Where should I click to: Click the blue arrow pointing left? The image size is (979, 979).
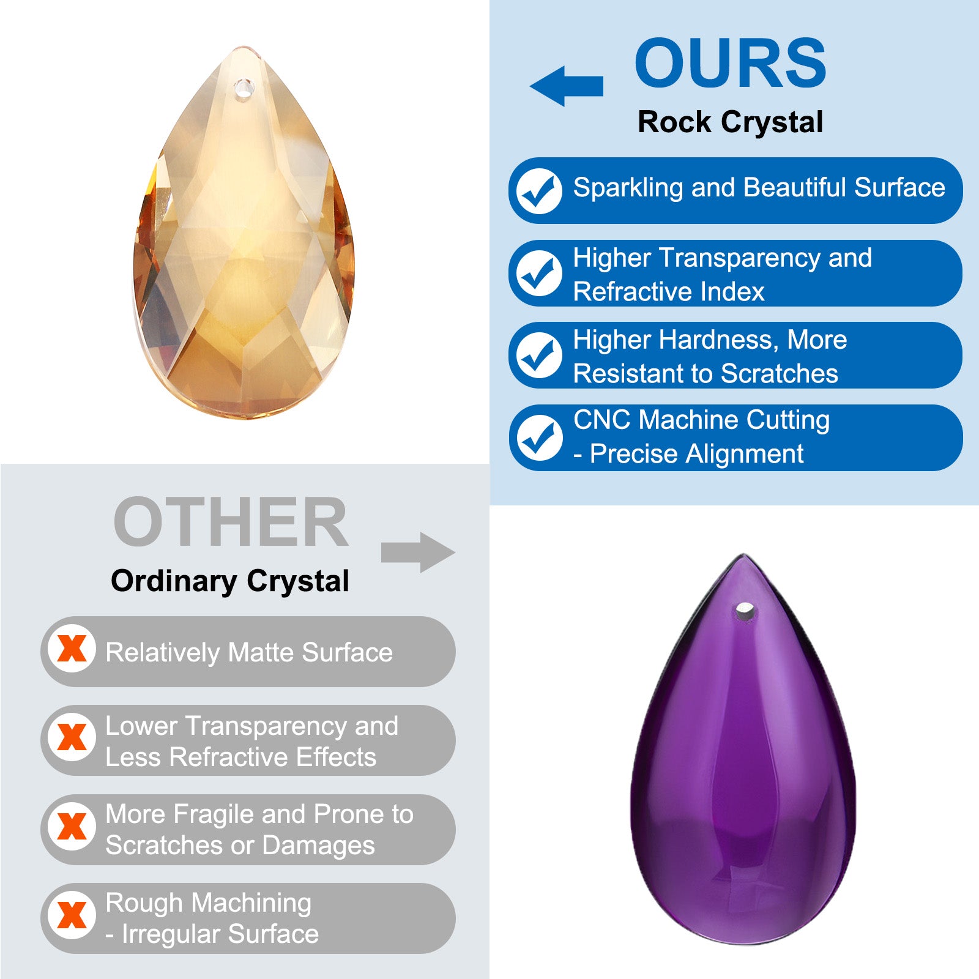tap(566, 86)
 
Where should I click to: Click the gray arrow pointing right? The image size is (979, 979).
tap(419, 553)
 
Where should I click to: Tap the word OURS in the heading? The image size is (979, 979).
tap(731, 62)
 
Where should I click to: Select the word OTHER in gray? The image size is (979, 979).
tap(231, 522)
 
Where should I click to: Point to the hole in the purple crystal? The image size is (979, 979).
tap(745, 610)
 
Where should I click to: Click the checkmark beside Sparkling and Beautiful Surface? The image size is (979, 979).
tap(539, 190)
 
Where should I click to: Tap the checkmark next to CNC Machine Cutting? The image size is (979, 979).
tap(539, 437)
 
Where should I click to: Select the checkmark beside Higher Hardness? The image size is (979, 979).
tap(539, 355)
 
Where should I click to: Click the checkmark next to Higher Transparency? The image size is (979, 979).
tap(539, 273)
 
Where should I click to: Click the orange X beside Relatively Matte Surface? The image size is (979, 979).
tap(72, 649)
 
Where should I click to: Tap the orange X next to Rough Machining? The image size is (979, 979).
tap(72, 915)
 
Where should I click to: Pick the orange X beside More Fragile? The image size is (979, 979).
tap(72, 827)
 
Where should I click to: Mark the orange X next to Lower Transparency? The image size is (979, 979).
tap(72, 737)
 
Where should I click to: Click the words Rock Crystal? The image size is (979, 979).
tap(730, 122)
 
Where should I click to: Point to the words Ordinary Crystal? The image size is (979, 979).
tap(230, 581)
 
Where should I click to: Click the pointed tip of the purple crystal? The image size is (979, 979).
tap(744, 554)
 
